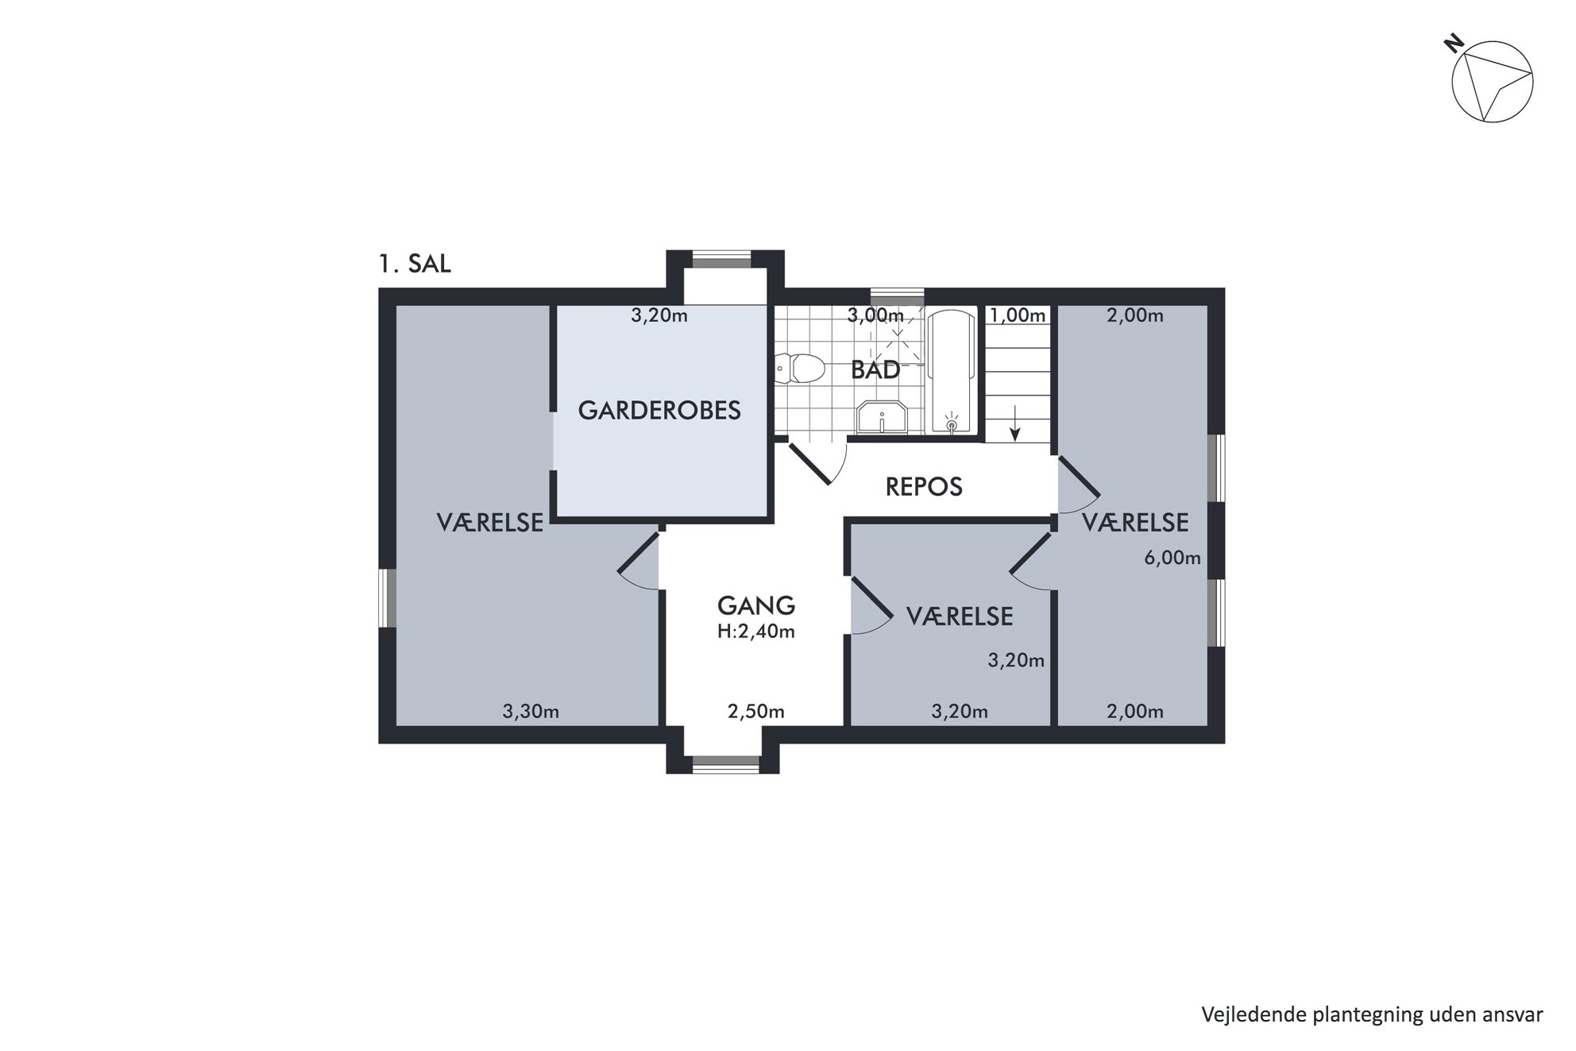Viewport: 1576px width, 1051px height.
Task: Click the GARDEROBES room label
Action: (659, 410)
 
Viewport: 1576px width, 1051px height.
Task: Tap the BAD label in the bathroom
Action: (875, 369)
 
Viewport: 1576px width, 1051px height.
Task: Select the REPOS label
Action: (924, 486)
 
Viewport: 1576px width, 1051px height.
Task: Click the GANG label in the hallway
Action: (756, 605)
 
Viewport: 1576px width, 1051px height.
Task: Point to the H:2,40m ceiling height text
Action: (756, 632)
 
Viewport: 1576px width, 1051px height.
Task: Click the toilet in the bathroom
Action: (800, 369)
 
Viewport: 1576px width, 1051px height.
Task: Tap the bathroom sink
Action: (882, 417)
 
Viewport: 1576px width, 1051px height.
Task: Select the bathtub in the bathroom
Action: (952, 372)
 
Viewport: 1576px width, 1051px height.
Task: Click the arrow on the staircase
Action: (1014, 422)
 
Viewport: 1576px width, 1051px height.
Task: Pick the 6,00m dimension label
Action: (1172, 558)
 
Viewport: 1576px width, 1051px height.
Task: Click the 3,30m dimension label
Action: (531, 712)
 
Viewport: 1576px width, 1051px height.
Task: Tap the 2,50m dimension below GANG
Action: (756, 712)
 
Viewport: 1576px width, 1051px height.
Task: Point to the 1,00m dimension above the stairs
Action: (1018, 315)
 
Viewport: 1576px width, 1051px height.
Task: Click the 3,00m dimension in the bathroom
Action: (875, 315)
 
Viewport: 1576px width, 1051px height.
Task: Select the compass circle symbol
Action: (1493, 82)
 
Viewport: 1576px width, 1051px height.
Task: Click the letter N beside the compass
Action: (1454, 44)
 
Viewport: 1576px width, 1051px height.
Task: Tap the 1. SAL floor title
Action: (415, 264)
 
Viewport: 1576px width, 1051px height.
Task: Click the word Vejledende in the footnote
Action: (1245, 1014)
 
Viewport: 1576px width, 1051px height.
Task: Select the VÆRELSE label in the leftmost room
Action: (490, 523)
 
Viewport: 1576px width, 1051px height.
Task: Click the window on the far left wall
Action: (387, 597)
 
